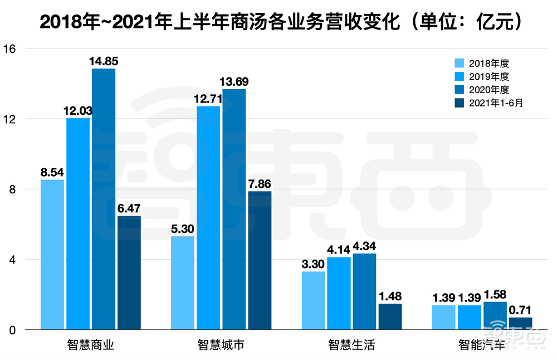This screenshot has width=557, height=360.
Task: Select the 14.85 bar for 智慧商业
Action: click(x=104, y=199)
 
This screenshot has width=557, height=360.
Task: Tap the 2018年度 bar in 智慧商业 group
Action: click(x=52, y=255)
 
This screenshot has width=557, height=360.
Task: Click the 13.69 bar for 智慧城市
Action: click(x=234, y=210)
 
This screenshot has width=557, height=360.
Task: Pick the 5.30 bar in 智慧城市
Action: click(x=183, y=283)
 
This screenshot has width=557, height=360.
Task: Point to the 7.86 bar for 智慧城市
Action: click(x=260, y=261)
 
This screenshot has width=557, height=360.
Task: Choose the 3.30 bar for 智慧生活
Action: click(x=313, y=301)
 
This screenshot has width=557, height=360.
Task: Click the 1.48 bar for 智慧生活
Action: click(x=390, y=317)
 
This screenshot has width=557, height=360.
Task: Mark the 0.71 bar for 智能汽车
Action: click(x=520, y=323)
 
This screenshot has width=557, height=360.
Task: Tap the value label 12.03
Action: click(x=79, y=110)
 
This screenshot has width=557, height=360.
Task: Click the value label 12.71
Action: click(x=208, y=99)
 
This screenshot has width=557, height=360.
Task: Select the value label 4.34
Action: click(x=364, y=246)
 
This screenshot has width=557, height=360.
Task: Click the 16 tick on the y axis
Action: click(x=12, y=48)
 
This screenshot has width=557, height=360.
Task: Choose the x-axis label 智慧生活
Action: click(x=352, y=345)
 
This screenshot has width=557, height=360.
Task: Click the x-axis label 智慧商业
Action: click(x=91, y=345)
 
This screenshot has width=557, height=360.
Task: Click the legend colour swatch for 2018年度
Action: click(x=460, y=64)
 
